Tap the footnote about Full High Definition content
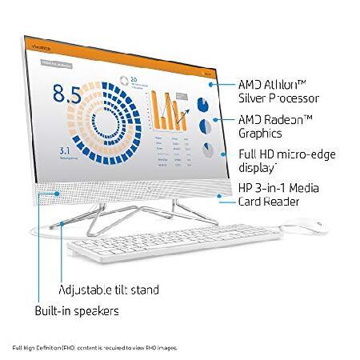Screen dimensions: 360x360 tap(94, 348)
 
